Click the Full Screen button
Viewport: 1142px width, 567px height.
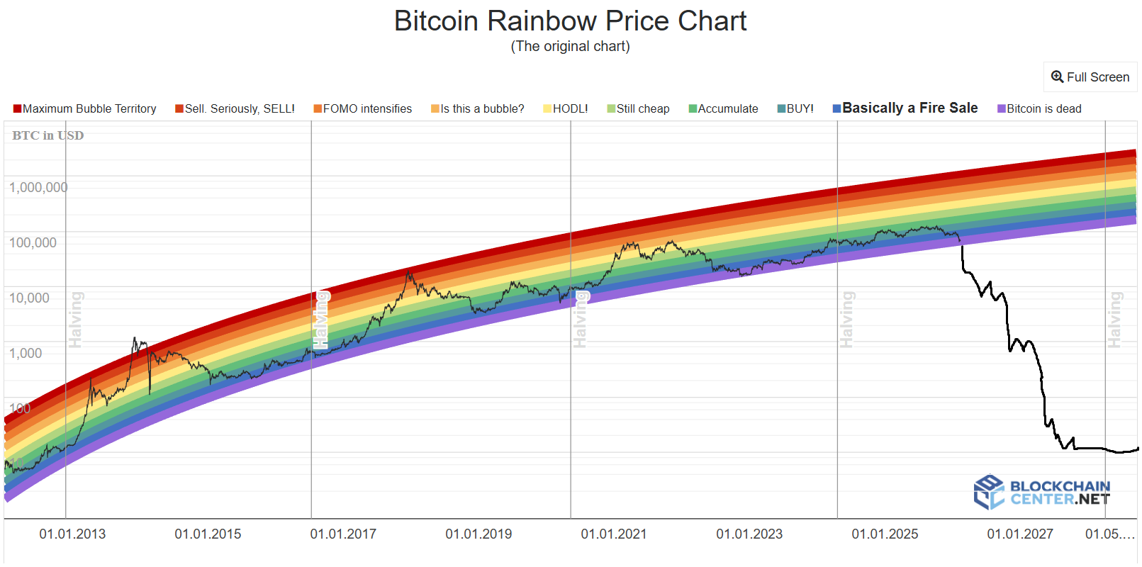[x=1090, y=77]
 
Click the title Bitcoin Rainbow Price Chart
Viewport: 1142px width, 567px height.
[x=570, y=21]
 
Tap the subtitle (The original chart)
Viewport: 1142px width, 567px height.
[x=570, y=47]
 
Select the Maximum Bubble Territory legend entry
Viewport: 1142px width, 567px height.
[x=85, y=109]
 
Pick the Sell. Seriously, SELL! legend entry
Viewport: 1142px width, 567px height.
[x=235, y=109]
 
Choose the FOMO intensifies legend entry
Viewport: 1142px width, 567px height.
[x=363, y=109]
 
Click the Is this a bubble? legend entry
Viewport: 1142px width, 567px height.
[x=478, y=109]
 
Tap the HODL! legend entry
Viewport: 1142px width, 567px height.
[x=566, y=109]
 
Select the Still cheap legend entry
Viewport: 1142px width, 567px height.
[x=639, y=109]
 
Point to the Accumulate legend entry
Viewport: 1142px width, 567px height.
[x=724, y=109]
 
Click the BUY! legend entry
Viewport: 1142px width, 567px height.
[x=796, y=109]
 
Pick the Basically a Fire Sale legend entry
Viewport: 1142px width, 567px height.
[x=905, y=108]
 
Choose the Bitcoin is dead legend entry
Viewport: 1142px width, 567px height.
[x=1040, y=109]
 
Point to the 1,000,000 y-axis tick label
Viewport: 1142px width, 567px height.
[x=38, y=188]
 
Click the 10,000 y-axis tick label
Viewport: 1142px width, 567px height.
[x=29, y=298]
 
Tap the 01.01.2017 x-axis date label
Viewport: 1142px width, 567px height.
[x=343, y=534]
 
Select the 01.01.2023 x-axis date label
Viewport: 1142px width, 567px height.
[x=749, y=534]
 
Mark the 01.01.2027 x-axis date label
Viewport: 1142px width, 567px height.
[x=1020, y=534]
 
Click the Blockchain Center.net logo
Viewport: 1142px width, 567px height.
[x=1042, y=492]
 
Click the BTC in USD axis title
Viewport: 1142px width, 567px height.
[x=48, y=135]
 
